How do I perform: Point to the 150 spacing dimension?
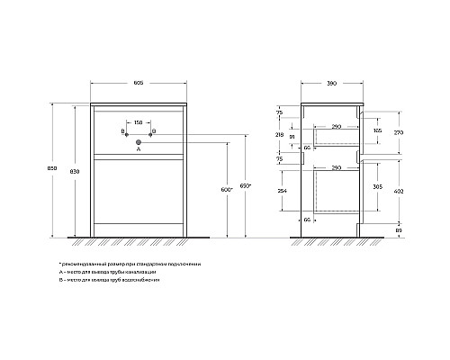coord(139,122)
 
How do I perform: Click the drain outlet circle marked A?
coord(139,142)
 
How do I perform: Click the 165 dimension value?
coord(376,130)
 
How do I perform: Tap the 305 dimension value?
coord(376,187)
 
